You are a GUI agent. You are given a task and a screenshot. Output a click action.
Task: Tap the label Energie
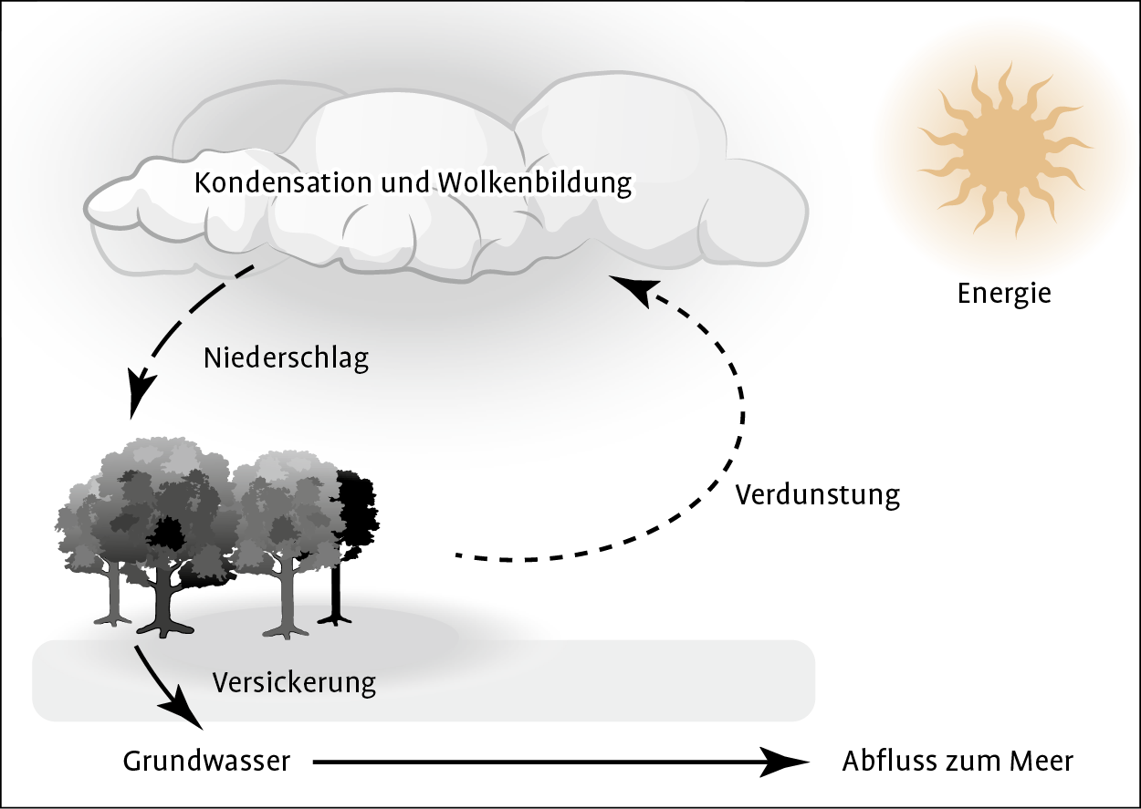pyautogui.click(x=1004, y=294)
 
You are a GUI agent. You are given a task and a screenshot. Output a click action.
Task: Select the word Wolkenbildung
pyautogui.click(x=535, y=182)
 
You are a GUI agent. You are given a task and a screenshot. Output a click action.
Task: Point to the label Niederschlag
pyautogui.click(x=286, y=358)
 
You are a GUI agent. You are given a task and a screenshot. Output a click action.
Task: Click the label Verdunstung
pyautogui.click(x=817, y=494)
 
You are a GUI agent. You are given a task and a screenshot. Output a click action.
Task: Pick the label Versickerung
pyautogui.click(x=294, y=681)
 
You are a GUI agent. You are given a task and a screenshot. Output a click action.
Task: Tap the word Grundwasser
pyautogui.click(x=206, y=761)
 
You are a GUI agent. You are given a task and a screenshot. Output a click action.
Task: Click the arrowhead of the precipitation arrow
pyautogui.click(x=139, y=397)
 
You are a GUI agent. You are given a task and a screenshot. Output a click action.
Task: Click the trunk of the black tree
pyautogui.click(x=336, y=593)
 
